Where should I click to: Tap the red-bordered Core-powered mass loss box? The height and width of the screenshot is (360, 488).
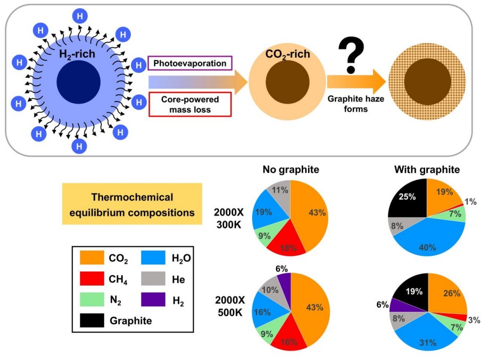(x=189, y=104)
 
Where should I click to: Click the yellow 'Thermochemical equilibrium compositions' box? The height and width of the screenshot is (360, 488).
(x=132, y=204)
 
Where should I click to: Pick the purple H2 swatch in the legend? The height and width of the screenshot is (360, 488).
(x=154, y=300)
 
